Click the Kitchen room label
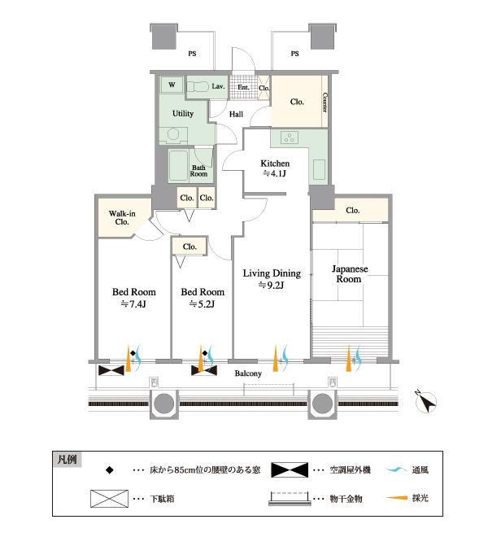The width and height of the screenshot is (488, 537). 275,163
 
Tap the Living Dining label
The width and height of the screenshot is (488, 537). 272,273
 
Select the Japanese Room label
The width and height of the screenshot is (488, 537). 349,273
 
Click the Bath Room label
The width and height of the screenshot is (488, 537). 198,168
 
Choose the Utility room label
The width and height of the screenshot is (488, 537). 183,114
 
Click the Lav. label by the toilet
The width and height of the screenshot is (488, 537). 218,86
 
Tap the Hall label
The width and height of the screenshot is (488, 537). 236,115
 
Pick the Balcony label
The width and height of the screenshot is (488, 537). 248,373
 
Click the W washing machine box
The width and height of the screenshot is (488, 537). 172,85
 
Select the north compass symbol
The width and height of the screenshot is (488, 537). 427,401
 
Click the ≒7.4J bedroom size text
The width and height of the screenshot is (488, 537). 133,306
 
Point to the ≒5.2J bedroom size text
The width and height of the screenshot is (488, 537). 202,306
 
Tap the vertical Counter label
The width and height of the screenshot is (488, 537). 325,101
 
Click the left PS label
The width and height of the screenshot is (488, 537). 192,54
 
